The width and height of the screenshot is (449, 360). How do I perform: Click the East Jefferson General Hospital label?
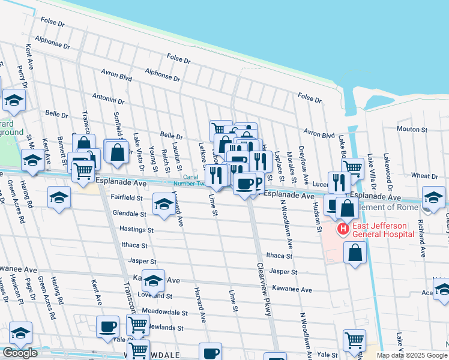click(x=383, y=230)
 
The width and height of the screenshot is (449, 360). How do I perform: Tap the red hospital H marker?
click(x=343, y=229)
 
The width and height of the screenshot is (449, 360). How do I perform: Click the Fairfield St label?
click(x=127, y=197)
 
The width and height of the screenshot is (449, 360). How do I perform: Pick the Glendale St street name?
click(x=130, y=214)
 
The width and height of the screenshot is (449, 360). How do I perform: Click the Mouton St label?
click(x=411, y=129)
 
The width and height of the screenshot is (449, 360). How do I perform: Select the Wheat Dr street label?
click(x=424, y=176)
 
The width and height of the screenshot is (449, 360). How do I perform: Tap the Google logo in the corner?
click(x=20, y=353)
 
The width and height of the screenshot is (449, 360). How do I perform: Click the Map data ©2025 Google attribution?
click(x=412, y=355)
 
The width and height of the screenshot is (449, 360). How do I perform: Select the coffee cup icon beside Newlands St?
click(x=107, y=326)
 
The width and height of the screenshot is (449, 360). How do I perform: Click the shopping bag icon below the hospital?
click(x=355, y=251)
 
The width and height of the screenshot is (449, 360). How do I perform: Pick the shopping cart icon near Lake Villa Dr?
click(x=352, y=168)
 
